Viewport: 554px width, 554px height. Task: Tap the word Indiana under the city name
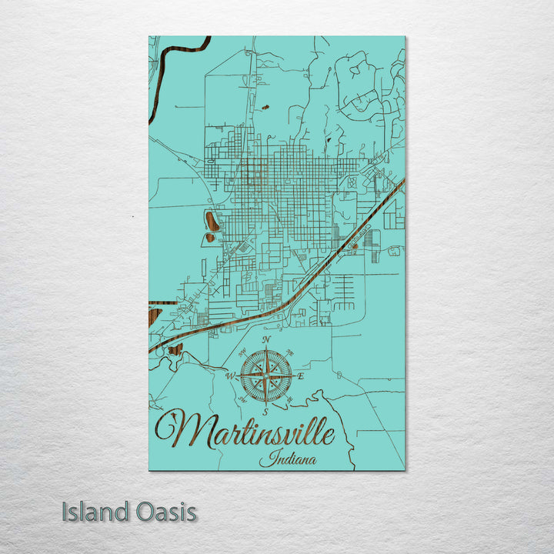coord(281,460)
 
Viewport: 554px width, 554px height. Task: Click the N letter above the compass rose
coord(267,339)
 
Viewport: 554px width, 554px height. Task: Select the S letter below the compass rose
coord(265,412)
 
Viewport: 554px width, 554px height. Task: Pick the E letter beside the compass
coord(301,376)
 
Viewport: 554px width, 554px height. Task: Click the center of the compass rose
coord(265,375)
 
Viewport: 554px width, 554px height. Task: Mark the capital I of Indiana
coord(263,460)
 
